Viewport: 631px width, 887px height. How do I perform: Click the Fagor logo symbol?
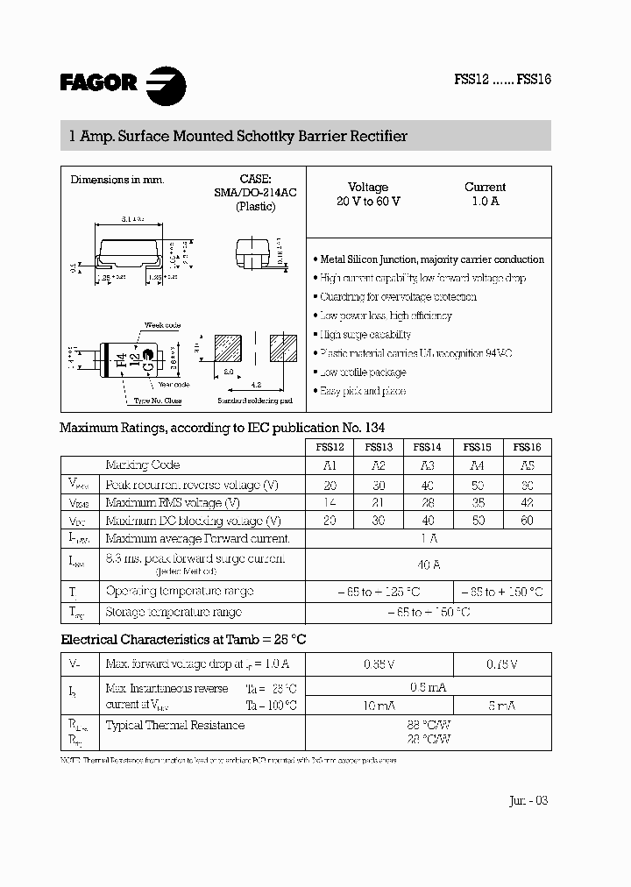[165, 83]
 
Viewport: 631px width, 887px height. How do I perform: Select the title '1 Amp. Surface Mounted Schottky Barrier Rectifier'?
[238, 137]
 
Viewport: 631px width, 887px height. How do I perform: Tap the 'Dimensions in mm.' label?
[117, 180]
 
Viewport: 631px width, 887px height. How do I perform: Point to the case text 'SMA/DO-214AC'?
[255, 192]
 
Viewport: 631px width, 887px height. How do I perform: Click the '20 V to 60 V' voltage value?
[368, 202]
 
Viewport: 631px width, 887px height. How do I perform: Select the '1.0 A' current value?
[485, 202]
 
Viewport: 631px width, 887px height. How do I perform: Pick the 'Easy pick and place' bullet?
[363, 391]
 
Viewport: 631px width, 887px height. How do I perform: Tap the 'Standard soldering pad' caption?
[255, 401]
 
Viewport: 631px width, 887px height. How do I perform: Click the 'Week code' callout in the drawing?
[162, 325]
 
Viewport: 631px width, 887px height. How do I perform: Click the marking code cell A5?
[527, 465]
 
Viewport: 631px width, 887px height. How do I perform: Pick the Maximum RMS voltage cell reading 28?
[427, 502]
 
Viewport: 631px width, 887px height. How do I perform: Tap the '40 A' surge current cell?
[429, 564]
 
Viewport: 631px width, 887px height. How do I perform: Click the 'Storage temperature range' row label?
[174, 612]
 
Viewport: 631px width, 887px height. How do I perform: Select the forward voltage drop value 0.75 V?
[502, 664]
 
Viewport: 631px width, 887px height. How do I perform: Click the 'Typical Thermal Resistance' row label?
[175, 725]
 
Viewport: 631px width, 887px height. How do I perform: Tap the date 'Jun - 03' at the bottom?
[528, 800]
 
